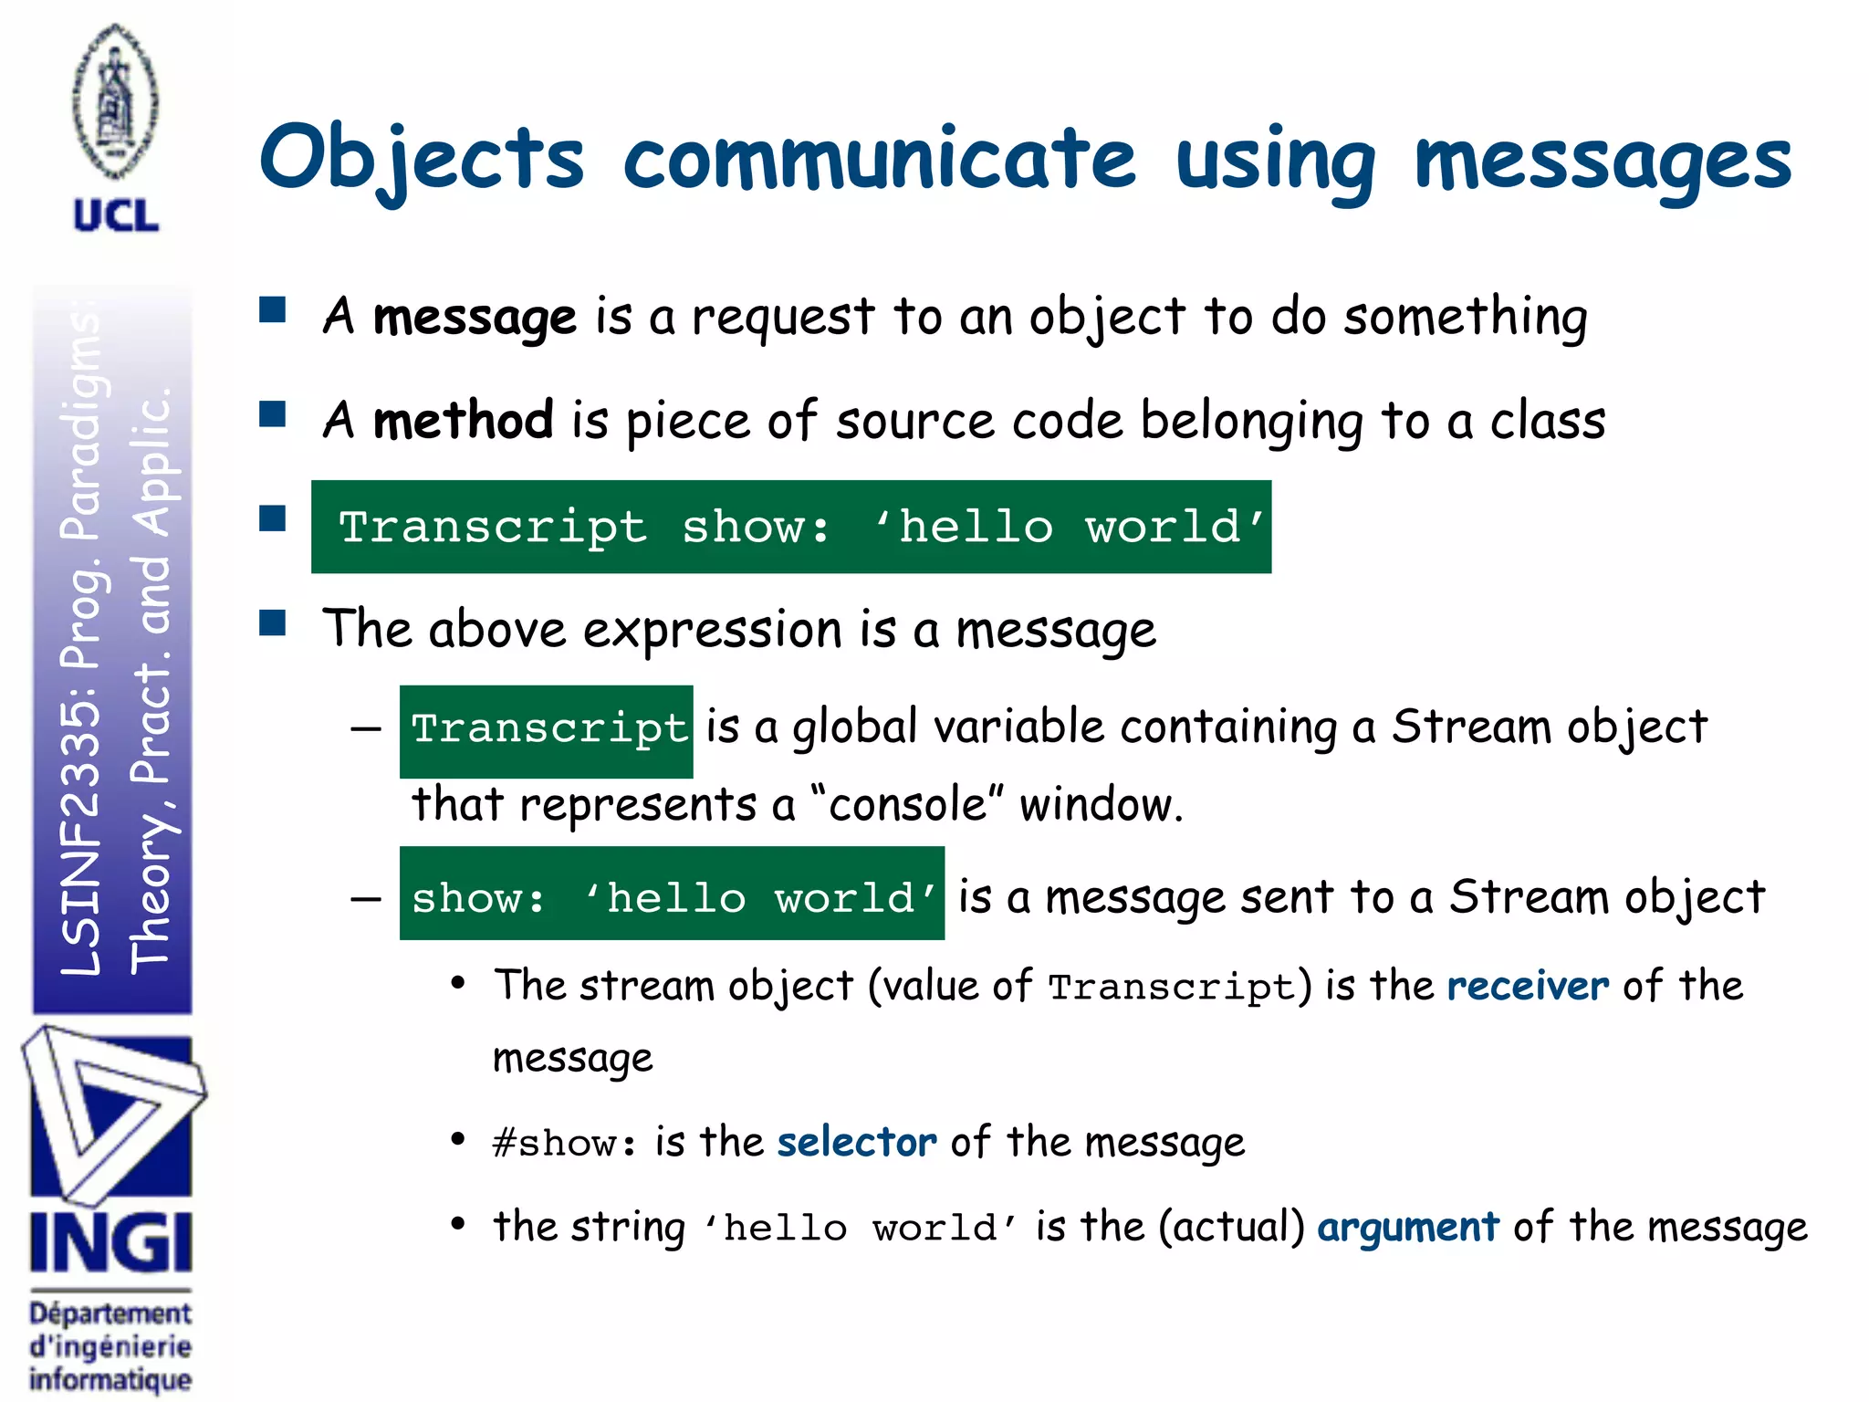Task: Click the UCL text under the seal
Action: [116, 216]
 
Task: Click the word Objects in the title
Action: [421, 159]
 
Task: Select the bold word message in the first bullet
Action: [475, 318]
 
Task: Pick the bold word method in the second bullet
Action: [463, 421]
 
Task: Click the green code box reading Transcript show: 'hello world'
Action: [790, 527]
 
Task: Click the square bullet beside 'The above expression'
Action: [272, 623]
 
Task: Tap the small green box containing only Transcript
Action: [546, 730]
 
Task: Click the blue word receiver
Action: [1528, 986]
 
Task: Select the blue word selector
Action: [856, 1142]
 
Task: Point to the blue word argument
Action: [1407, 1227]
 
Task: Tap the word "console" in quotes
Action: [907, 805]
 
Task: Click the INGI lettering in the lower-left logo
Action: [110, 1242]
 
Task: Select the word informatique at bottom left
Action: [110, 1379]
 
